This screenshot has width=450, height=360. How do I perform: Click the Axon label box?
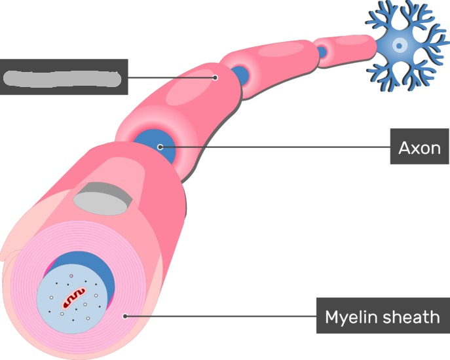point(420,148)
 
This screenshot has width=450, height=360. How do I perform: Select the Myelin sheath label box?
point(383,317)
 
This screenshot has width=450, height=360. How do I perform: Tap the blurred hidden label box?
point(64,77)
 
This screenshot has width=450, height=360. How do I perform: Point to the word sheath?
point(411,317)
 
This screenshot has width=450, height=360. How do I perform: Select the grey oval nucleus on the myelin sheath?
point(102,198)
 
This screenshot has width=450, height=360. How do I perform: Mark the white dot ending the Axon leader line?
point(160,147)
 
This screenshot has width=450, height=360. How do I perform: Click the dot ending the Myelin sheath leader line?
point(124,315)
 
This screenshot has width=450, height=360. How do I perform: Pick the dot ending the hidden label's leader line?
point(215,77)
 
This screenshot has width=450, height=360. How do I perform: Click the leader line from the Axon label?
point(275,147)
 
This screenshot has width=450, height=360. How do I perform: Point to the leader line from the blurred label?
point(170,77)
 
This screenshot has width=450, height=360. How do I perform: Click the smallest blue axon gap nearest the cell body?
point(322,51)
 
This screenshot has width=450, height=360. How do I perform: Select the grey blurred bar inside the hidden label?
point(63,77)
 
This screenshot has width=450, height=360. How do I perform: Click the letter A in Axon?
point(404,149)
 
